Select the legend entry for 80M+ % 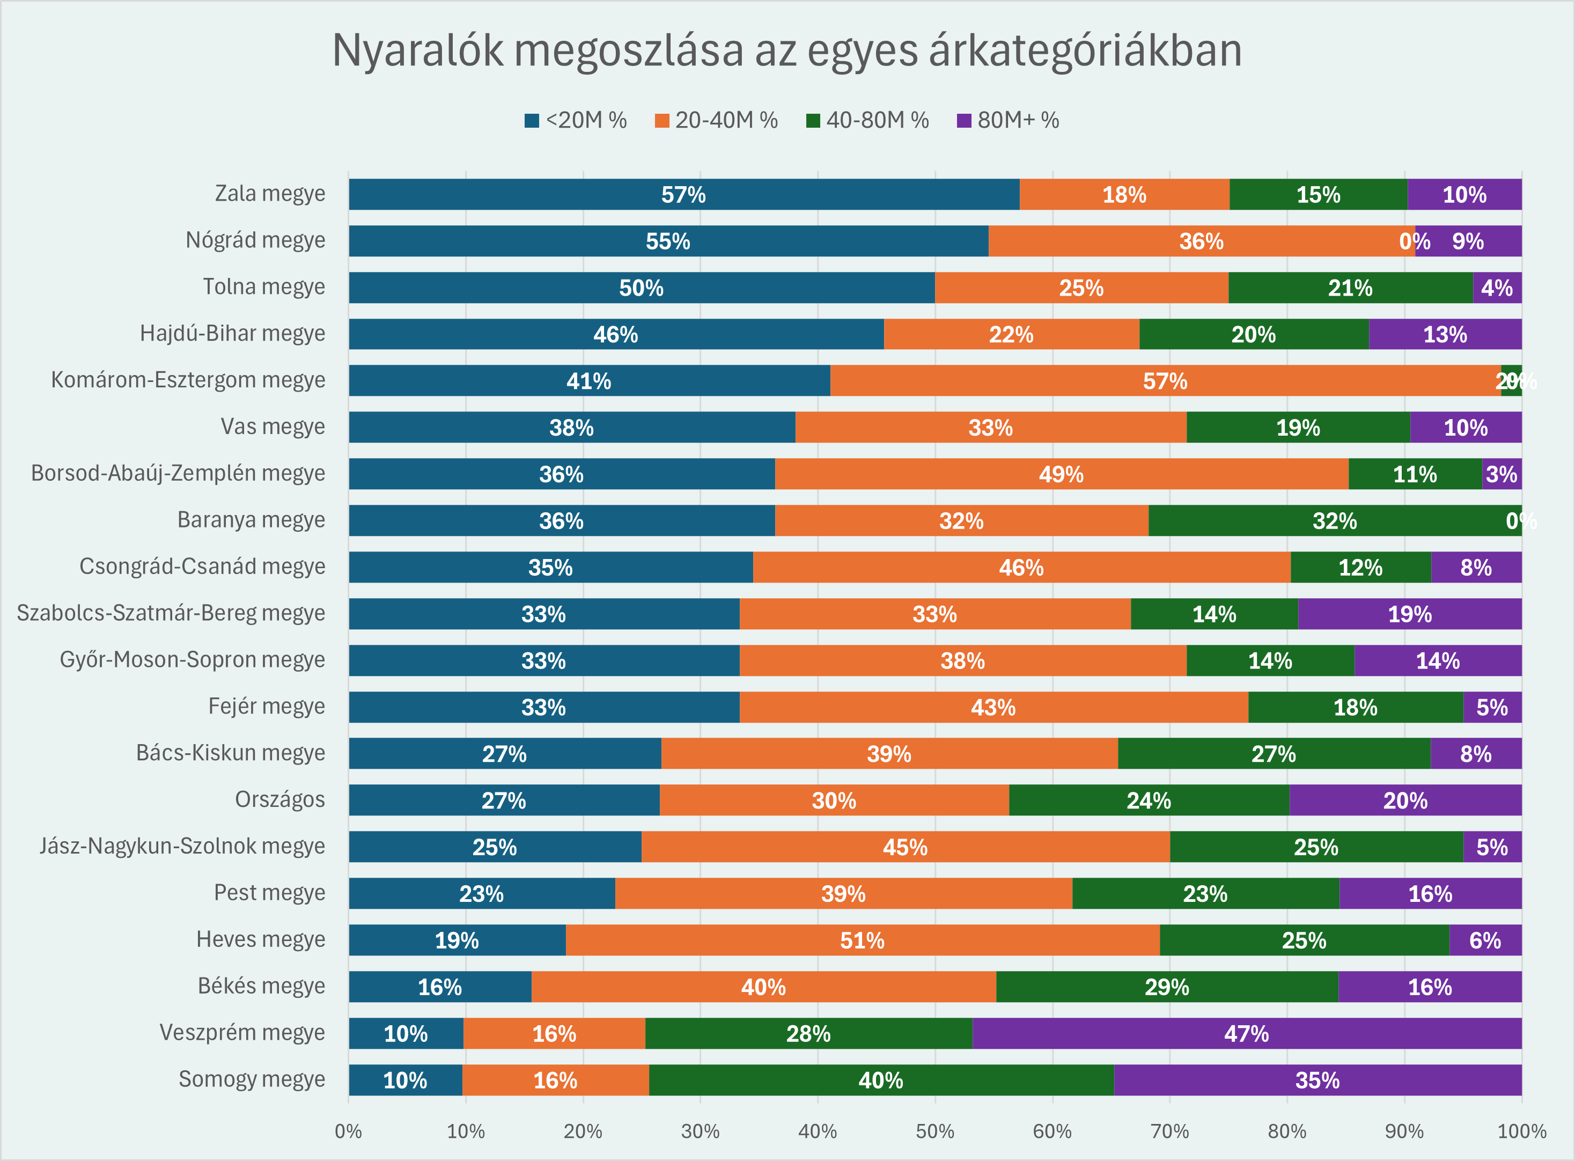[1008, 120]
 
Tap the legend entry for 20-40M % [717, 120]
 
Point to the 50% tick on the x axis [935, 1131]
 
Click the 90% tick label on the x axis [1403, 1131]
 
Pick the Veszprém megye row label [242, 1032]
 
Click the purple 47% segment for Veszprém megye [1246, 1033]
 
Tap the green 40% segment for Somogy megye [881, 1079]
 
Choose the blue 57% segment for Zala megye [683, 194]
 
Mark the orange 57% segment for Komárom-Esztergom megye [1165, 381]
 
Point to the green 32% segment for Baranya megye [1334, 521]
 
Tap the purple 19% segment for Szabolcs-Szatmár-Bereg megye [1409, 614]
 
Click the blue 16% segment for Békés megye [440, 987]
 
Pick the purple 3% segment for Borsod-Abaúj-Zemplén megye [1501, 474]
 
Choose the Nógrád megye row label [255, 240]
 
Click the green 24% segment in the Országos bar [1149, 800]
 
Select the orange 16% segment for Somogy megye [555, 1079]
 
